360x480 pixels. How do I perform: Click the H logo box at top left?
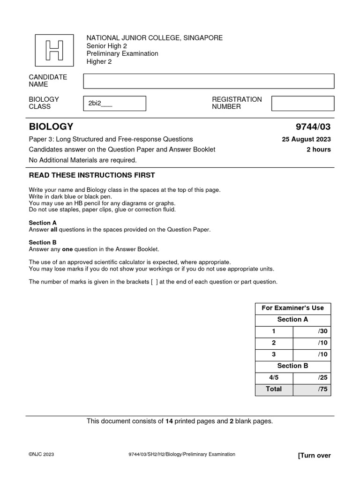click(54, 51)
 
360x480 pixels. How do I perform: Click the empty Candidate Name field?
click(209, 81)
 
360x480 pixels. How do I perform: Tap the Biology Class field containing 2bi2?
click(114, 104)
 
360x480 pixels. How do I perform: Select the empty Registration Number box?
click(303, 104)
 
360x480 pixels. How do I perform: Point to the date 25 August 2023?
click(306, 139)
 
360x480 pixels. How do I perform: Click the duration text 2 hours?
click(318, 150)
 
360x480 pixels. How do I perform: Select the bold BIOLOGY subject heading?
click(51, 127)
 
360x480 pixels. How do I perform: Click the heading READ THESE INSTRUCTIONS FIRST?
click(92, 175)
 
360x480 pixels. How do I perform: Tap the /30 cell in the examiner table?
click(312, 331)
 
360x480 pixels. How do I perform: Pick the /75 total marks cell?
click(312, 389)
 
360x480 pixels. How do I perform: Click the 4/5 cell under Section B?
click(274, 377)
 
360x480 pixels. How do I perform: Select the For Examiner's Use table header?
click(292, 308)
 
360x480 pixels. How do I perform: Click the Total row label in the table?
click(274, 389)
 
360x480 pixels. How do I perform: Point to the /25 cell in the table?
click(312, 377)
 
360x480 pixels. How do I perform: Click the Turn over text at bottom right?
click(314, 456)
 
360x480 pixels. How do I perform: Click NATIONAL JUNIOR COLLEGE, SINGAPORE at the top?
click(155, 38)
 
